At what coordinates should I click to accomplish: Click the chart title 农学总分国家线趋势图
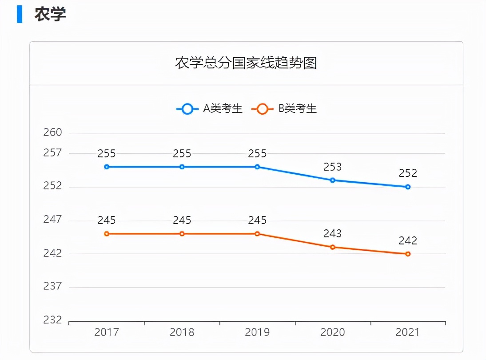coord(246,63)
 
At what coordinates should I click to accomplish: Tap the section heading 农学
coord(50,14)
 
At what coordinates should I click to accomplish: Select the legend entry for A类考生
coord(210,108)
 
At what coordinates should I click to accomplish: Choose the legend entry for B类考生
coord(284,108)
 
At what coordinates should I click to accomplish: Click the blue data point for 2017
coord(107,167)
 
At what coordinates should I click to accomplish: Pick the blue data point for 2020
coord(333,180)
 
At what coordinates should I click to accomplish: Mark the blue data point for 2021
coord(408,187)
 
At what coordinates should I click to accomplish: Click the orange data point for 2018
coord(182,234)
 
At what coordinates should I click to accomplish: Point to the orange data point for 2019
coord(257,234)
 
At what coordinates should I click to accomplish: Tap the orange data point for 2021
coord(408,254)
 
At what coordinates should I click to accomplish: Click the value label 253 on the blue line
coord(333,167)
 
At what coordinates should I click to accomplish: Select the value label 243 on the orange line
coord(333,234)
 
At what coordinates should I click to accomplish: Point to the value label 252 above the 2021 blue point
coord(408,174)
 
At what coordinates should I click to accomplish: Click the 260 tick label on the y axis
coord(52,133)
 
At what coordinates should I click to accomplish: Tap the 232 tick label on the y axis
coord(52,320)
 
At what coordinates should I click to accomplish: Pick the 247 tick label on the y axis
coord(52,220)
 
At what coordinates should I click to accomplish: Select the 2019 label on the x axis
coord(257,332)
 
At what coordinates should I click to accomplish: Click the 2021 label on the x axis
coord(408,332)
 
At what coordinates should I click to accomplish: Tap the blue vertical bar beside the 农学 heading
coord(20,14)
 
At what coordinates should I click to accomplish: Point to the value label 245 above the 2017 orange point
coord(107,220)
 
